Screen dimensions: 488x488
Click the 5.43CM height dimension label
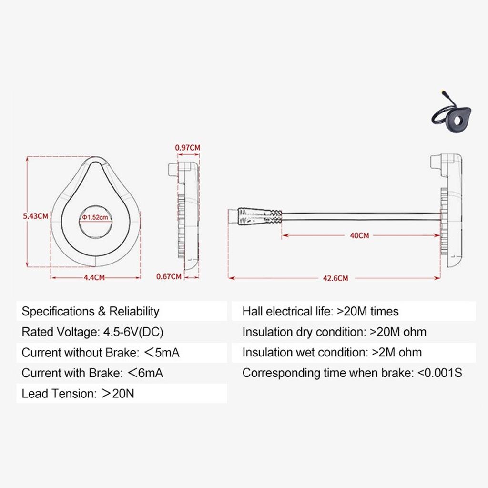pyautogui.click(x=36, y=216)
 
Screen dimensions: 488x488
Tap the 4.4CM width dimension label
pyautogui.click(x=94, y=278)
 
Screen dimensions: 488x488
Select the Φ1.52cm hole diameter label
pyautogui.click(x=95, y=217)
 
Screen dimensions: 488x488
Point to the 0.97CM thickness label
pyautogui.click(x=187, y=148)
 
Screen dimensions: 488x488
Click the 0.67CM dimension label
pyautogui.click(x=169, y=276)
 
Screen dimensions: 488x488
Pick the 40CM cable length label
pyautogui.click(x=360, y=235)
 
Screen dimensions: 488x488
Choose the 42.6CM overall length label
pyautogui.click(x=335, y=278)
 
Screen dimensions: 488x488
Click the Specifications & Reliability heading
pyautogui.click(x=91, y=312)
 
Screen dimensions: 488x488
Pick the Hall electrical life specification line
pyautogui.click(x=320, y=312)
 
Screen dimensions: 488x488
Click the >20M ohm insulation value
pyautogui.click(x=398, y=332)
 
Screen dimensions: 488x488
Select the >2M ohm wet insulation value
pyautogui.click(x=396, y=353)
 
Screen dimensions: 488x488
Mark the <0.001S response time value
pyautogui.click(x=439, y=373)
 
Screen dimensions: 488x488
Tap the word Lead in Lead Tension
pyautogui.click(x=33, y=394)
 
